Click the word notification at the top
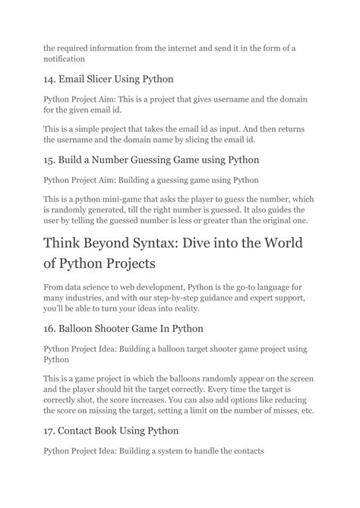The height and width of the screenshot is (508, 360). tap(65, 57)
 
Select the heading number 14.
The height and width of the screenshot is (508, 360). tap(51, 79)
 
